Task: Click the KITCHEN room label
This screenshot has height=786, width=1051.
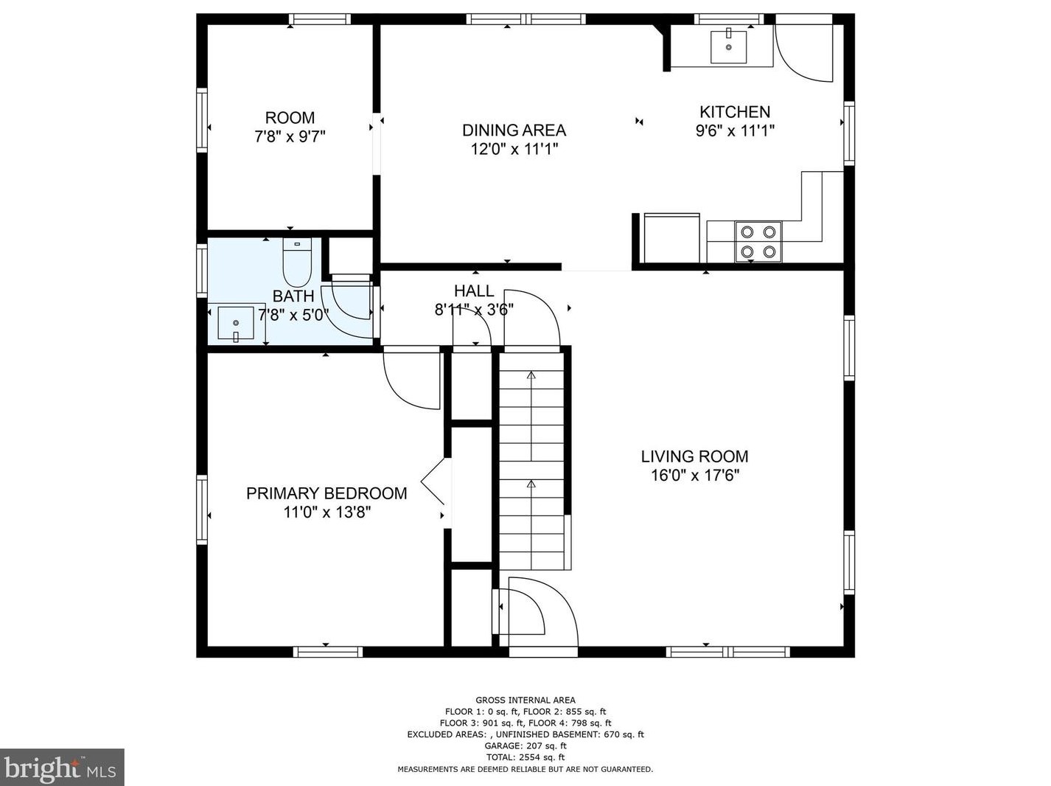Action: pyautogui.click(x=735, y=112)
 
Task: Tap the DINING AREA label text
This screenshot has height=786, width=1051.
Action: pyautogui.click(x=514, y=131)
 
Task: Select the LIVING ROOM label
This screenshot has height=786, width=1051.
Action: pyautogui.click(x=694, y=456)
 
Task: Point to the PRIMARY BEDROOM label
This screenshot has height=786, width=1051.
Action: pyautogui.click(x=327, y=493)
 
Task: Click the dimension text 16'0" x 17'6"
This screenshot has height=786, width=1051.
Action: pyautogui.click(x=695, y=476)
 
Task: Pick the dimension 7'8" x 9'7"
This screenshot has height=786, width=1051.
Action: pyautogui.click(x=290, y=137)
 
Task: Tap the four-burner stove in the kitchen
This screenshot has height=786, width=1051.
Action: pyautogui.click(x=758, y=242)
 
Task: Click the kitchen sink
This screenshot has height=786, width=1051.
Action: pyautogui.click(x=728, y=47)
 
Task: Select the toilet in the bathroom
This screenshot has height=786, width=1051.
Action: pyautogui.click(x=297, y=262)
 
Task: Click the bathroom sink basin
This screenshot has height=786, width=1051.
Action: pyautogui.click(x=236, y=324)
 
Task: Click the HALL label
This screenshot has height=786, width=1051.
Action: pyautogui.click(x=474, y=291)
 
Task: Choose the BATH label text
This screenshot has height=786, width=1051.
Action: pyautogui.click(x=293, y=296)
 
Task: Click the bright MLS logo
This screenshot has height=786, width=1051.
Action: pyautogui.click(x=62, y=768)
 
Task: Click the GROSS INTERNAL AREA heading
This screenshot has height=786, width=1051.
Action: pyautogui.click(x=525, y=700)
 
